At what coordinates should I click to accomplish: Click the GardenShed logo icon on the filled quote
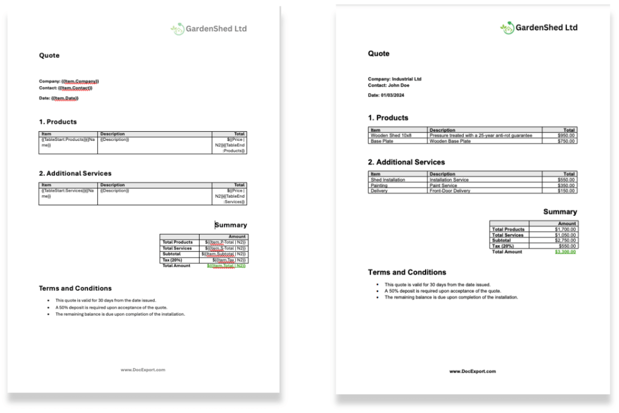click(x=507, y=28)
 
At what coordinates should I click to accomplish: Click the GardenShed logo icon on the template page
click(x=177, y=29)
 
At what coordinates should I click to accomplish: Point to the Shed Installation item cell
click(x=388, y=180)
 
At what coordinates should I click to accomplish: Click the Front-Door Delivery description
click(x=449, y=190)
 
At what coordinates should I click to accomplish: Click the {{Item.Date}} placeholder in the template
click(x=65, y=98)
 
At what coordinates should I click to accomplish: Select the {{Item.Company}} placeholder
click(x=80, y=82)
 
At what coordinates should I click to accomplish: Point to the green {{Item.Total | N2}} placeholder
click(x=226, y=266)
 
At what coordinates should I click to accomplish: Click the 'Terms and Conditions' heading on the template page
click(x=75, y=288)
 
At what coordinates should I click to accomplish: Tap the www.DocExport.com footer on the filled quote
click(x=472, y=371)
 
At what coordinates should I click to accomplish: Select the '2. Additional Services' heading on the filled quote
click(x=406, y=162)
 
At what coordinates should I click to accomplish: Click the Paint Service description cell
click(x=443, y=185)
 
